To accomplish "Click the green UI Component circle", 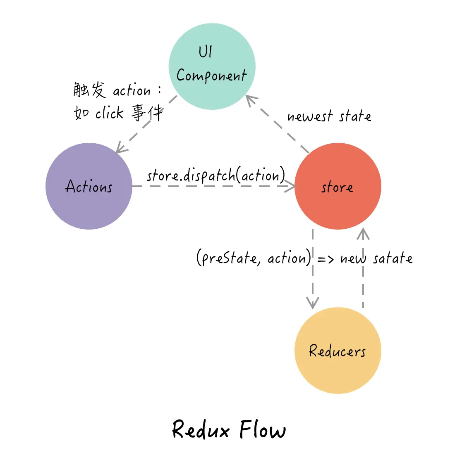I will [x=212, y=66].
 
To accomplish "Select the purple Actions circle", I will [x=89, y=186].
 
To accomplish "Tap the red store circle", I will [x=337, y=186].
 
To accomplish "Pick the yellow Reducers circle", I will [x=337, y=351].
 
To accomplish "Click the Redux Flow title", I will [x=229, y=429].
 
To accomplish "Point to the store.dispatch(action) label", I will [x=216, y=175].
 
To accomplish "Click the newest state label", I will [x=329, y=116].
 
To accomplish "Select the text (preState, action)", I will [x=254, y=258].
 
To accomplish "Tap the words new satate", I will [x=376, y=258].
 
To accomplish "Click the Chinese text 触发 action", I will [x=112, y=90].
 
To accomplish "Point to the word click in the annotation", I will [x=110, y=113].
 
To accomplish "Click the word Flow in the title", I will [x=262, y=429].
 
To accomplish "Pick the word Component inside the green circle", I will [x=211, y=76].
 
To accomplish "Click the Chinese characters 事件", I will [x=147, y=113].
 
